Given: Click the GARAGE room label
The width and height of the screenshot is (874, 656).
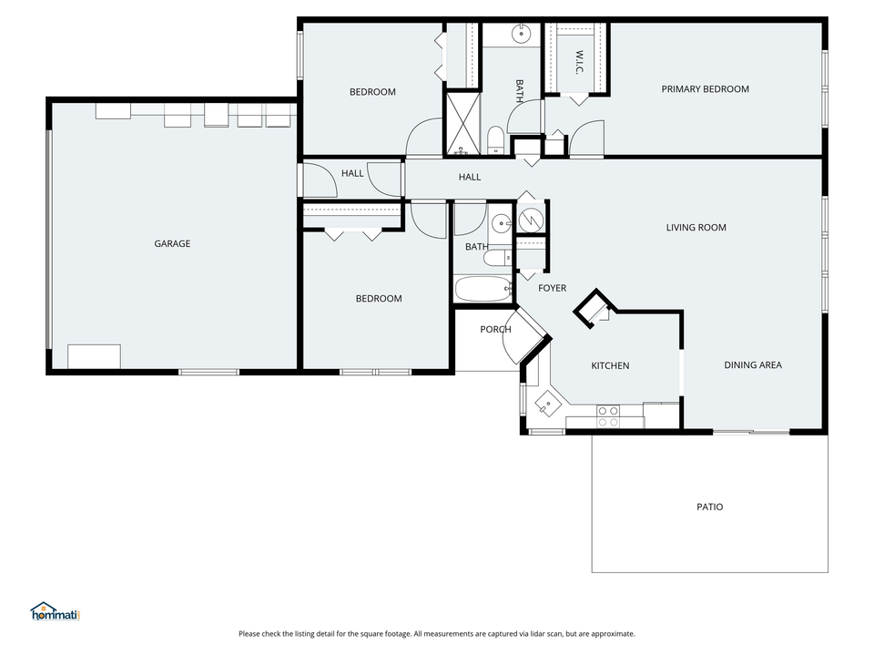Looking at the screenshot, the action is [172, 243].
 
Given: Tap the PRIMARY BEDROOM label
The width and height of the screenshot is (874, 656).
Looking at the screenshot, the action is [705, 88].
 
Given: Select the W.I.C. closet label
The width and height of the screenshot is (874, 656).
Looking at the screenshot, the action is [579, 62].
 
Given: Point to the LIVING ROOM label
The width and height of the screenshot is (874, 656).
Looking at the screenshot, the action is [696, 227].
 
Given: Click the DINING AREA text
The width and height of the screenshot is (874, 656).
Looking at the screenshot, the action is [753, 364].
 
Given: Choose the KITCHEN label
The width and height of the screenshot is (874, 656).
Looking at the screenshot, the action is [610, 365].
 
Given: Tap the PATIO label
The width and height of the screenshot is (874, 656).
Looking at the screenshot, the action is [709, 507].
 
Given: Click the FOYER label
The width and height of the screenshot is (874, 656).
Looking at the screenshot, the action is [552, 288].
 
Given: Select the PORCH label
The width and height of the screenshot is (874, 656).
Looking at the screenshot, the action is [495, 329].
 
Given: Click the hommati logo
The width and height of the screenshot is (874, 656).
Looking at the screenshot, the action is [56, 611].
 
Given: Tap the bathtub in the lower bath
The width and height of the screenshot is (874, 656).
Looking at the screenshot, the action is [483, 289].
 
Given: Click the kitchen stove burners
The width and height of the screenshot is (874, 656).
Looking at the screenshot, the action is [608, 416].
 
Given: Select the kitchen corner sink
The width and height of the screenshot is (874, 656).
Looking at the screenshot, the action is [548, 404].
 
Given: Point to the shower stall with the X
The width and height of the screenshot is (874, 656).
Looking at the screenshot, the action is [462, 123].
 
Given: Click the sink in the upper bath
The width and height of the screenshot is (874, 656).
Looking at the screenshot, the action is [521, 34].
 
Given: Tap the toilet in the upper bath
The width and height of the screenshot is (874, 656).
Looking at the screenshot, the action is [495, 139].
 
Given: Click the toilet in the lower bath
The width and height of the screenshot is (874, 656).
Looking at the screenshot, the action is [497, 258].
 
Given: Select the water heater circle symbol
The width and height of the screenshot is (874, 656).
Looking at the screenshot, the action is [531, 220].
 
